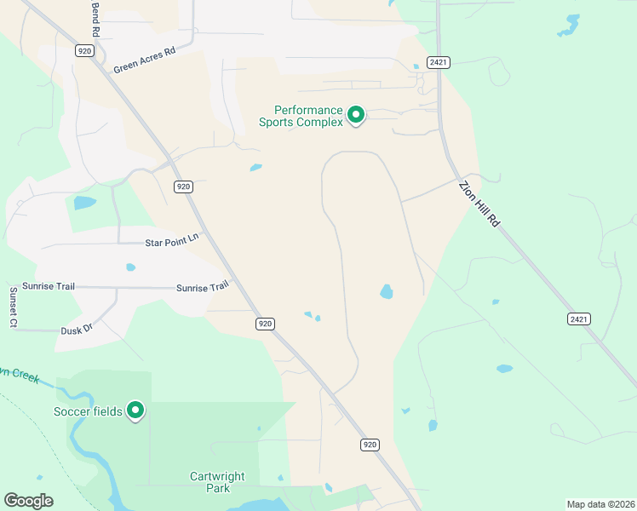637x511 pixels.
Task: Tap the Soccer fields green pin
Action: [x=135, y=411]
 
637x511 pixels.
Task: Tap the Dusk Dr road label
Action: [x=76, y=329]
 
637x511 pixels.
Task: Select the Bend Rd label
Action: [x=95, y=17]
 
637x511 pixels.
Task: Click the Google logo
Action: [x=28, y=501]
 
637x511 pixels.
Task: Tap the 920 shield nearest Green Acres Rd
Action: [x=83, y=51]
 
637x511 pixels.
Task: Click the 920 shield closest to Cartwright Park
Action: [x=369, y=445]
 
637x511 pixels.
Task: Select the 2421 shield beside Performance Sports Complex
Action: [x=439, y=62]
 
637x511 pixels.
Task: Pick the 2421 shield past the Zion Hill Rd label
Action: [x=579, y=319]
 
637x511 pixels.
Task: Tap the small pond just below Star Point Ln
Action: [x=130, y=267]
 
